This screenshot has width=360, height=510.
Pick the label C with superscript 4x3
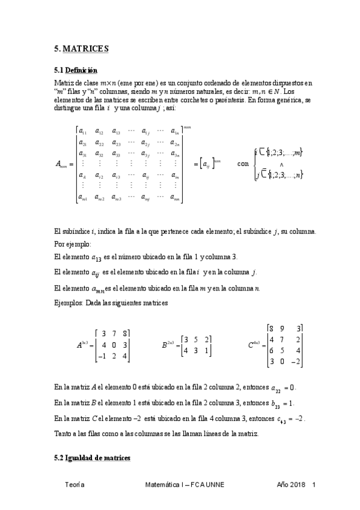pyautogui.click(x=255, y=345)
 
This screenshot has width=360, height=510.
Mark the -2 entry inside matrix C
pyautogui.click(x=294, y=361)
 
